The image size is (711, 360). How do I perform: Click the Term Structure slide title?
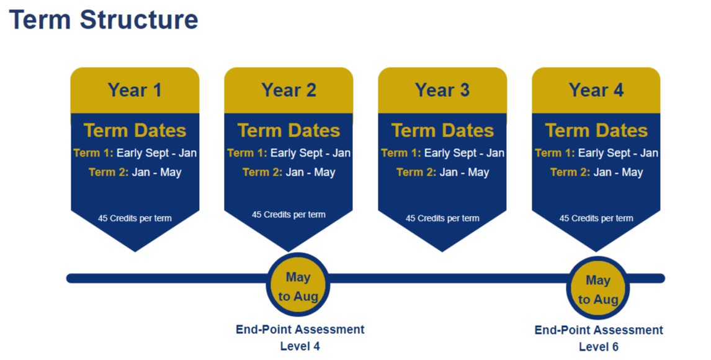[104, 20]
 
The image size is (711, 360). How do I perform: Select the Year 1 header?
[135, 90]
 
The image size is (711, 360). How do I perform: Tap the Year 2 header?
[288, 90]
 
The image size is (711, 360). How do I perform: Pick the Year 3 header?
[442, 90]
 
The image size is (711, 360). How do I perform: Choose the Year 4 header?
[596, 90]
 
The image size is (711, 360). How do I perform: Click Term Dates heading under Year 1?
[135, 130]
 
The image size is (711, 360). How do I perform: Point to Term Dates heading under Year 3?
[442, 130]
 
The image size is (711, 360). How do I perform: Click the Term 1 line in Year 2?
[288, 153]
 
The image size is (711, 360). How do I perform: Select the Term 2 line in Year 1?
[135, 172]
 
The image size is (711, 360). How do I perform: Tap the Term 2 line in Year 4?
[596, 172]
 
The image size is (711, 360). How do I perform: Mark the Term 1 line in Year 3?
[442, 153]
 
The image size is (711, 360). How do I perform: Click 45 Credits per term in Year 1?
[135, 218]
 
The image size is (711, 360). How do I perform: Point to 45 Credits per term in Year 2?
[288, 215]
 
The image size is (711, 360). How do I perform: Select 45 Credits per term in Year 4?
[596, 218]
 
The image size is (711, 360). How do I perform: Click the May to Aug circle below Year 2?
[298, 286]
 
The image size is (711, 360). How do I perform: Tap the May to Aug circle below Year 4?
[598, 289]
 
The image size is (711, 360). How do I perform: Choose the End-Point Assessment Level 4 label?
[300, 338]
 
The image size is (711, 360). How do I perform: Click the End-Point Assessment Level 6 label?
[599, 338]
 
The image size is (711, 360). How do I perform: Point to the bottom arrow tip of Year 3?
[442, 250]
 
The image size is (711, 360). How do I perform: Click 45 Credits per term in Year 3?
[442, 218]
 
